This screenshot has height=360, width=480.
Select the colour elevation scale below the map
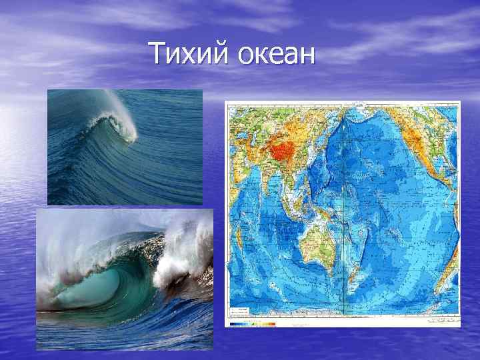[253, 324]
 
